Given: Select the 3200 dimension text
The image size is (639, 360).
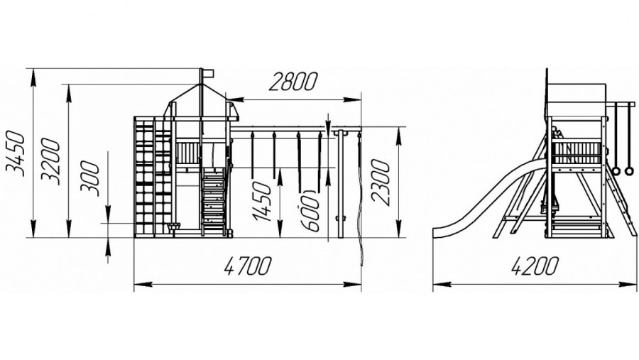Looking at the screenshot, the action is point(50,161).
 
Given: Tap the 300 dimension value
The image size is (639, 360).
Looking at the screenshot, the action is point(90,179).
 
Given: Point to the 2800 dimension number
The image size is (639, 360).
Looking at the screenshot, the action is point(293,82).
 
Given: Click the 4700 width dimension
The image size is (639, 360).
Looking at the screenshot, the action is point(247,266).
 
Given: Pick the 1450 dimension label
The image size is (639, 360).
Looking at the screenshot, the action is point(261,201).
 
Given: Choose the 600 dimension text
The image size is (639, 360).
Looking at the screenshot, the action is point(310,211).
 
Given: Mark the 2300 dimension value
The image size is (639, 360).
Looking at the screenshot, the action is point(381,182).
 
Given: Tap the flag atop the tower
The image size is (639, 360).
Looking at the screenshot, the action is point(207,72).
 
